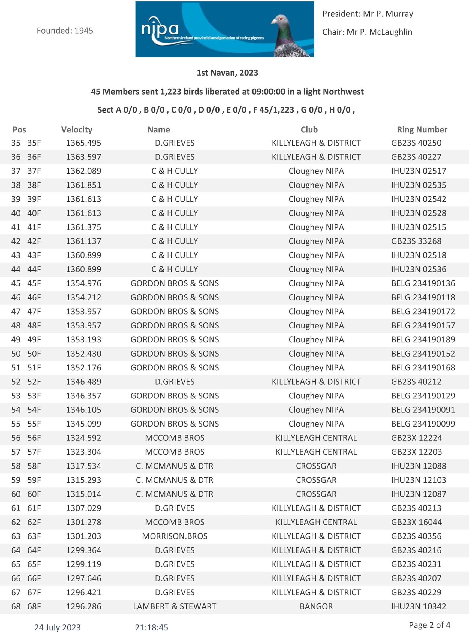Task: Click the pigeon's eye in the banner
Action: coord(281,19)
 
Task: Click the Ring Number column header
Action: coord(422,130)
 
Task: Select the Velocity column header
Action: coord(77,130)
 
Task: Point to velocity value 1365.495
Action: coord(83,143)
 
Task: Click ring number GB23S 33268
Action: coord(416,241)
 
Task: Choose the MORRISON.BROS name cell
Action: coord(175,536)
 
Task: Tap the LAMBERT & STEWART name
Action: coord(175,606)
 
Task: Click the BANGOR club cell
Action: coord(316,606)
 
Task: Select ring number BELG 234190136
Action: coord(423,283)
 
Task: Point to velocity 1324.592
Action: coord(83,438)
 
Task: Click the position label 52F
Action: coord(34,382)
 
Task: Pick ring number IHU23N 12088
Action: coord(419,466)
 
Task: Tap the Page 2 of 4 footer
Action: coord(429,625)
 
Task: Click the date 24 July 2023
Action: coord(58,627)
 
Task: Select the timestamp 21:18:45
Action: coord(152,627)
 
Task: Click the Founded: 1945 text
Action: coord(65,31)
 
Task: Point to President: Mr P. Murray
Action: coord(368,14)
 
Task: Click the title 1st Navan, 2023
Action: coord(227,73)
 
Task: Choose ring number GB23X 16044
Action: coord(416,522)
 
